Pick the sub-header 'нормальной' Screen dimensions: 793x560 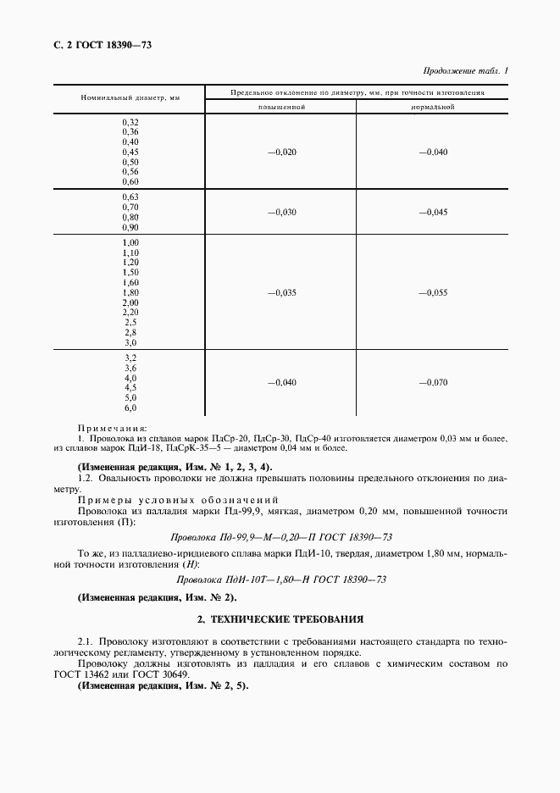pyautogui.click(x=433, y=108)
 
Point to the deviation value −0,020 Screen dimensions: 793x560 pyautogui.click(x=281, y=152)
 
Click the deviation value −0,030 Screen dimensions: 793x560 pyautogui.click(x=281, y=212)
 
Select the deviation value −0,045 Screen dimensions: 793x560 pyautogui.click(x=433, y=212)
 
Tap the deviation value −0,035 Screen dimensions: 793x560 pyautogui.click(x=281, y=292)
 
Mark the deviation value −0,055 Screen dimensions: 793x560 pyautogui.click(x=433, y=292)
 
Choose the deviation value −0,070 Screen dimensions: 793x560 pyautogui.click(x=433, y=382)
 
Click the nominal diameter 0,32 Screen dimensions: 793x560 pyautogui.click(x=130, y=122)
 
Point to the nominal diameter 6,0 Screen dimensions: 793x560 pyautogui.click(x=130, y=408)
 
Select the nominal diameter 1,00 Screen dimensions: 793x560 pyautogui.click(x=130, y=243)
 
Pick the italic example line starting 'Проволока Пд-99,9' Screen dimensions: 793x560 pyautogui.click(x=281, y=537)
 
